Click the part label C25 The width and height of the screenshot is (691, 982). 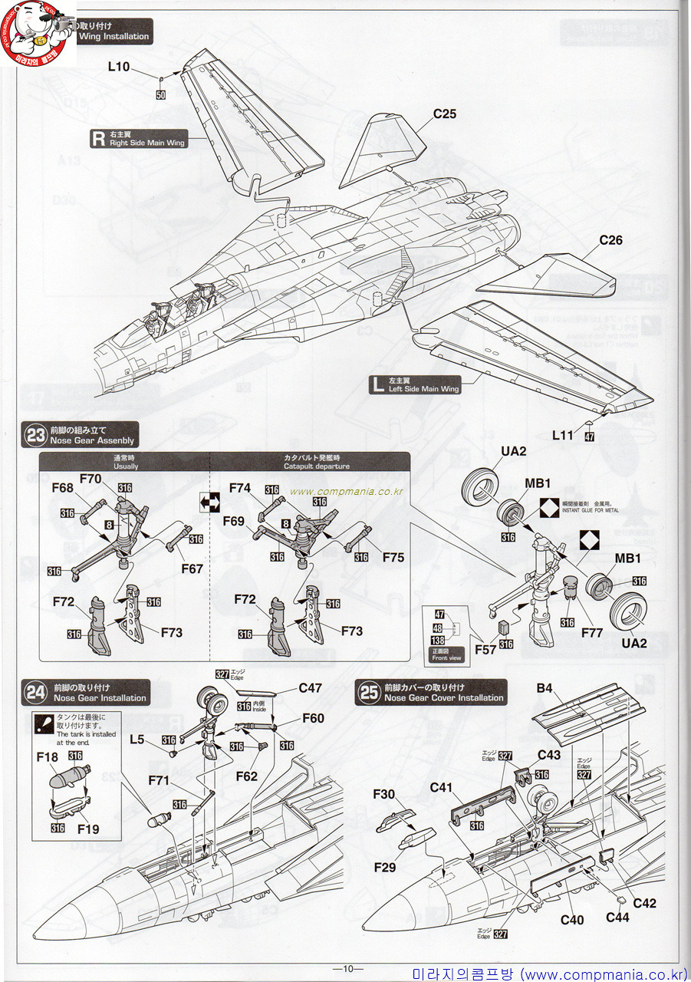tap(444, 114)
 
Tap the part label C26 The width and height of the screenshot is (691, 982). tap(610, 240)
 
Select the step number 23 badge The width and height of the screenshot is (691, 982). tap(35, 436)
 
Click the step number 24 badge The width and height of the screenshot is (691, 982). tap(35, 693)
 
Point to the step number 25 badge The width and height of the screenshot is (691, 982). tap(370, 693)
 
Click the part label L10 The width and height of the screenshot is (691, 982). tap(119, 67)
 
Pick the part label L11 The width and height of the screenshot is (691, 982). tap(563, 435)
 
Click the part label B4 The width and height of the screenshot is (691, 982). tap(544, 688)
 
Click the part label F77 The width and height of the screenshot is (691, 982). tap(591, 633)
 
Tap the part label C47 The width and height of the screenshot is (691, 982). tap(310, 688)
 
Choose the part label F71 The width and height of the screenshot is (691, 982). tap(160, 780)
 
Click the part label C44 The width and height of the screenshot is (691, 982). tap(617, 917)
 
